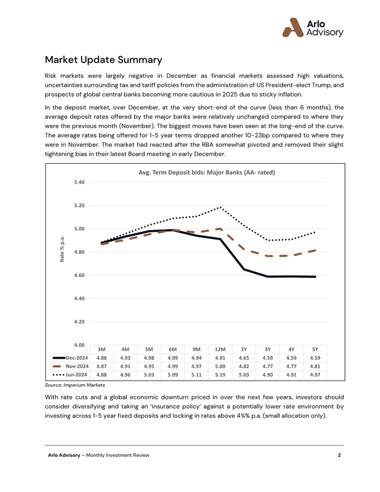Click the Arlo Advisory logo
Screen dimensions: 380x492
tap(313, 28)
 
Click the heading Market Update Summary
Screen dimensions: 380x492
tap(104, 60)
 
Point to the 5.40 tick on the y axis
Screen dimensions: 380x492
tap(79, 182)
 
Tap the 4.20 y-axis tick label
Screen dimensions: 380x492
tap(79, 322)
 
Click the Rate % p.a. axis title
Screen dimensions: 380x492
tap(62, 249)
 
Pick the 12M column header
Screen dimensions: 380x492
tap(220, 349)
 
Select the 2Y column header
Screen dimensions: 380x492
tap(244, 349)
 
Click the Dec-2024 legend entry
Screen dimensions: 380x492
tap(70, 358)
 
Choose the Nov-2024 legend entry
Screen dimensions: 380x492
tap(70, 366)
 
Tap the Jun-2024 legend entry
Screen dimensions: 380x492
tap(70, 375)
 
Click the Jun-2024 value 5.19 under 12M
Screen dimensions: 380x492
tap(220, 375)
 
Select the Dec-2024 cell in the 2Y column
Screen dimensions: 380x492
tap(244, 358)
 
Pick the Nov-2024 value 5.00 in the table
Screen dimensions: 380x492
tap(220, 366)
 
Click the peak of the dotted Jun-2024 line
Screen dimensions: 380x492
tap(220, 207)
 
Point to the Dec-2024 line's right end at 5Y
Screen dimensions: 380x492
tap(315, 277)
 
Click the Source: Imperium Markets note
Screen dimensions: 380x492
tap(75, 385)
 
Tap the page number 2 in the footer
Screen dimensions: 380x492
tap(339, 455)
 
